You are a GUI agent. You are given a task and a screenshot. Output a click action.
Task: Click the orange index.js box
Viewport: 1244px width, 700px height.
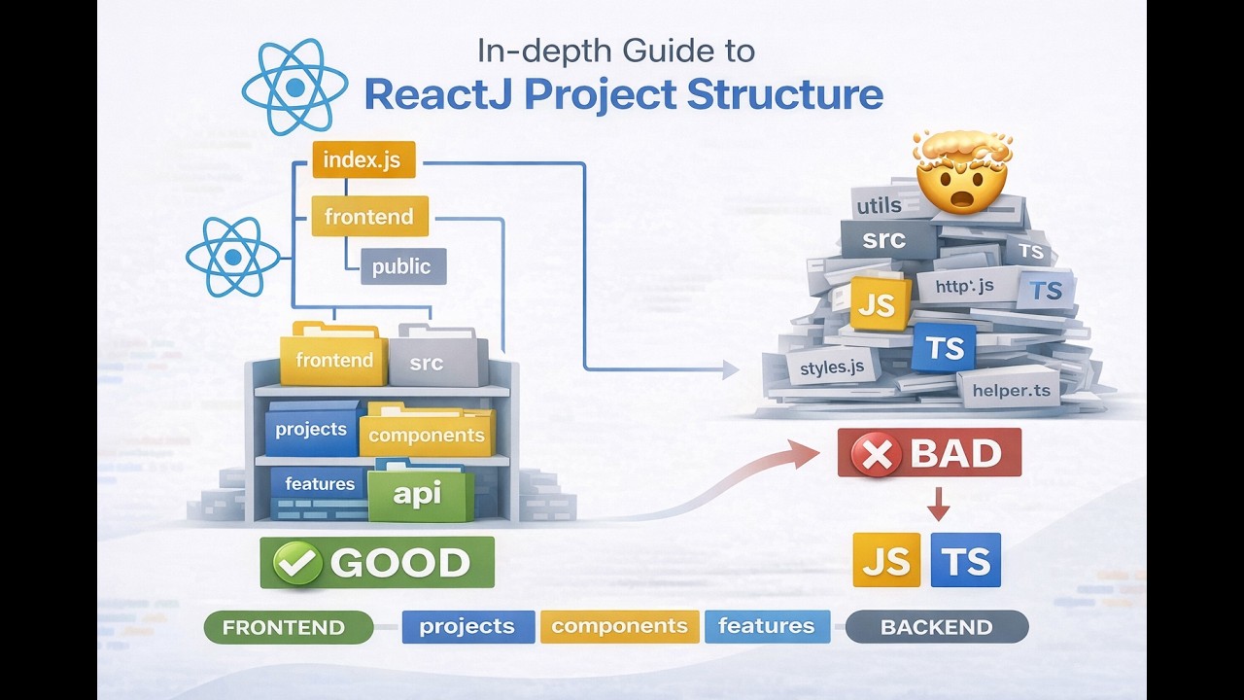pos(363,159)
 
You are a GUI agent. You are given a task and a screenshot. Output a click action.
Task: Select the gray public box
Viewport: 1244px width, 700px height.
pos(402,266)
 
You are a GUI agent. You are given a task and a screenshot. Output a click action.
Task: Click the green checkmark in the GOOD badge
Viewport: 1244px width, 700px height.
pos(297,563)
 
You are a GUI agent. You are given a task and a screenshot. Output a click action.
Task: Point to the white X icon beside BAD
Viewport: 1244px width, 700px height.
pos(877,454)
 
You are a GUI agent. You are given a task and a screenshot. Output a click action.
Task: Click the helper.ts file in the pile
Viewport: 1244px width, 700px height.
pos(1011,390)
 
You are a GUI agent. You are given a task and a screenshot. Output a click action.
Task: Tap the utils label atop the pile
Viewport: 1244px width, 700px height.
pos(879,205)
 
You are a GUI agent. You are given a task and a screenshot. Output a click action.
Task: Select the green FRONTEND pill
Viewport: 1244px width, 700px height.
pos(288,627)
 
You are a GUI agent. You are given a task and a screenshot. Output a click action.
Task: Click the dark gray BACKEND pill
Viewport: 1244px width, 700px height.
pos(936,627)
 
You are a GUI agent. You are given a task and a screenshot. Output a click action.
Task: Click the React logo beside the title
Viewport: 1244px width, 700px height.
pos(294,87)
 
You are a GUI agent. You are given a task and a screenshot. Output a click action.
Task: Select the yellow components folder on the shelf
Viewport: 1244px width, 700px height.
pos(427,435)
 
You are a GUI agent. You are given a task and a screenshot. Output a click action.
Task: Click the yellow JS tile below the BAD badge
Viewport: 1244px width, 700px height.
pos(885,561)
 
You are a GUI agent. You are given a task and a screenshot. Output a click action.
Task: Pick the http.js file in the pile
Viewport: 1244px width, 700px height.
pos(964,286)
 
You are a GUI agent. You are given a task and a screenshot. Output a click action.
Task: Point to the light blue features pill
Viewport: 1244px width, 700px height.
pos(766,627)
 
